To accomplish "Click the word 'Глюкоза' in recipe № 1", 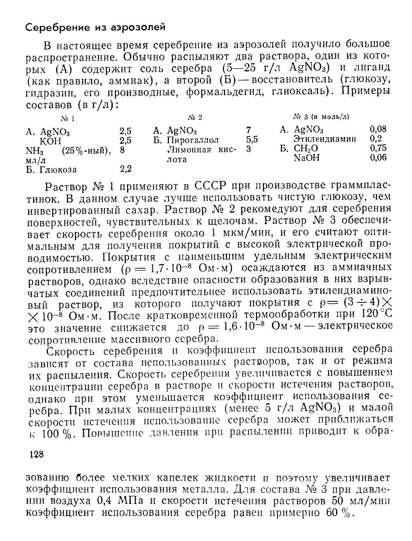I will [x=58, y=169].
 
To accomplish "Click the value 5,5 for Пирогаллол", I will [x=252, y=139].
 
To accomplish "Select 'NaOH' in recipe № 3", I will [x=307, y=158].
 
